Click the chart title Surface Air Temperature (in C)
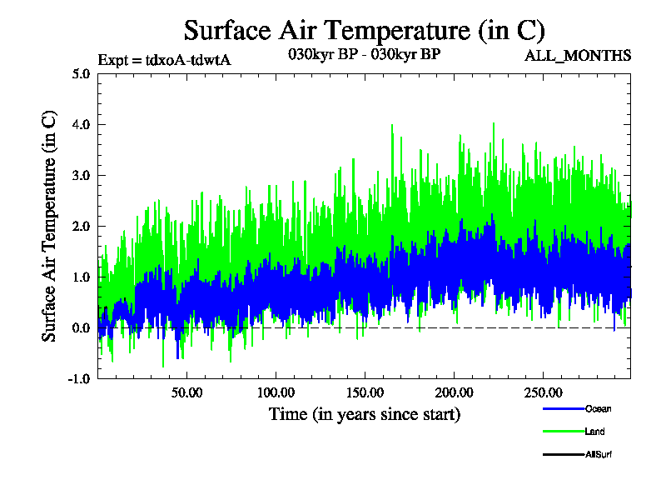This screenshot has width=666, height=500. click(x=364, y=31)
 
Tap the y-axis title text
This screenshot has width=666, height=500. click(x=50, y=225)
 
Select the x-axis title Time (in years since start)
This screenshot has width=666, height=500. click(x=365, y=414)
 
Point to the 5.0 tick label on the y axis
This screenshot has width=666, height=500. click(x=81, y=73)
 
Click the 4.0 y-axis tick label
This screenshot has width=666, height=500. click(x=81, y=124)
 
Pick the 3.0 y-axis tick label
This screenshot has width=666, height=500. click(x=81, y=175)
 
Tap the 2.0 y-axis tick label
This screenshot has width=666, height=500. click(x=81, y=226)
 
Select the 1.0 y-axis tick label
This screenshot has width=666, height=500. click(x=81, y=277)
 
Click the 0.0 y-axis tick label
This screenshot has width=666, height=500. click(x=81, y=327)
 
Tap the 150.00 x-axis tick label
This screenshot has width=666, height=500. click(x=365, y=392)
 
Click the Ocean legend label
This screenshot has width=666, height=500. click(x=598, y=409)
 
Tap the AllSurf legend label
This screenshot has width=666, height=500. click(x=599, y=454)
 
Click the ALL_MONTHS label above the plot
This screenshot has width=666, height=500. click(x=578, y=57)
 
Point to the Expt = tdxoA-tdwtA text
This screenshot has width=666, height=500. click(x=164, y=60)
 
